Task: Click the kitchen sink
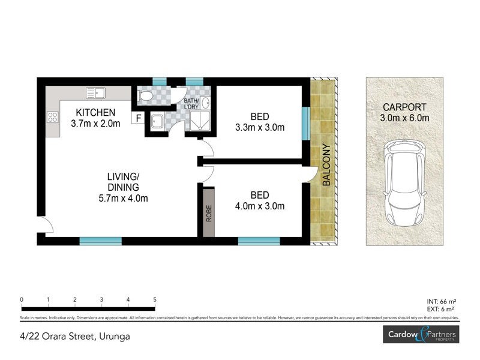95,93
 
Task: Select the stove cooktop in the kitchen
52,118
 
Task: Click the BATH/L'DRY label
191,104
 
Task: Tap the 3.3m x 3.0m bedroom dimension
260,127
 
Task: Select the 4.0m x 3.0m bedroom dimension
260,206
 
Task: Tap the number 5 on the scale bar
155,299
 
